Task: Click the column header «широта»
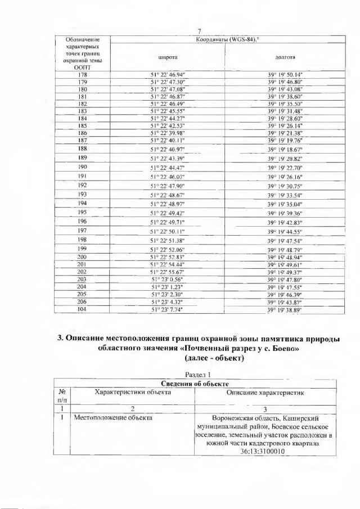166,57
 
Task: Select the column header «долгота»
285,57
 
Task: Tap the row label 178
82,74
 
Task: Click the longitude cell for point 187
285,140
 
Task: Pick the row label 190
82,167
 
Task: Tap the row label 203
82,279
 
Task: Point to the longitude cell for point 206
285,301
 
